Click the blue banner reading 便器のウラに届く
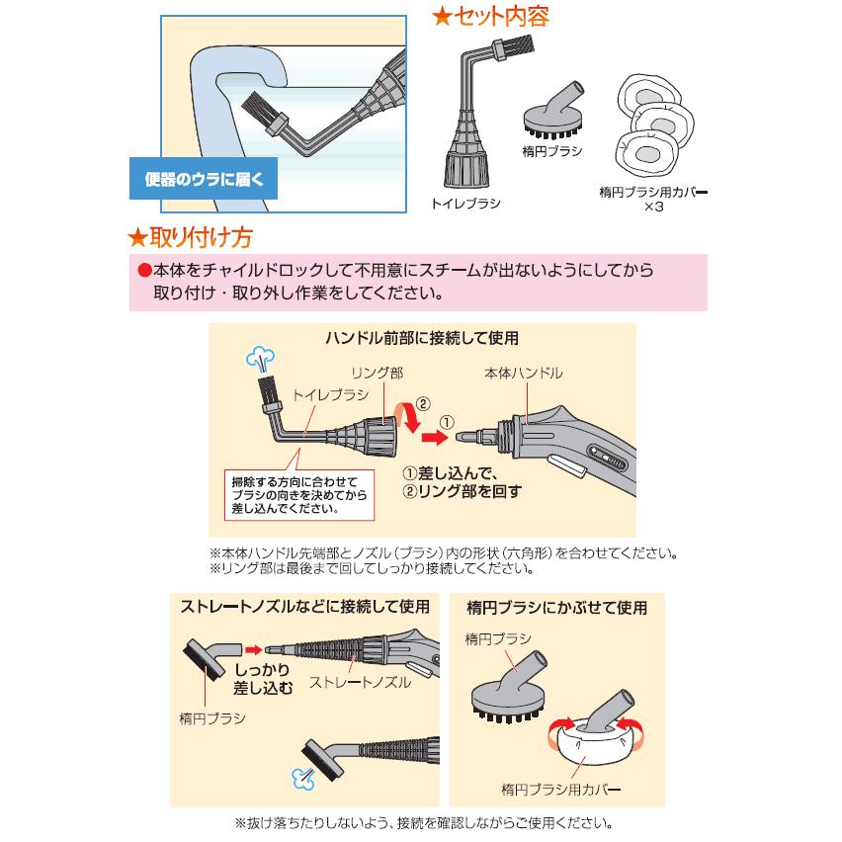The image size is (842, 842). coord(204,179)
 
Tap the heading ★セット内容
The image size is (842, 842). coord(490,16)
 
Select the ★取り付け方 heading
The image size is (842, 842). coord(190,237)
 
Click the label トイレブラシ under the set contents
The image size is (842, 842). coord(465,204)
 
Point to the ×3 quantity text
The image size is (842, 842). coord(654,207)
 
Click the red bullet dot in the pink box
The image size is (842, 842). coord(144,270)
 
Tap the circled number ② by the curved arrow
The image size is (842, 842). coord(423,404)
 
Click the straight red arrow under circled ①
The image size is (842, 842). coord(435,437)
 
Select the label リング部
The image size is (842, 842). coord(377,374)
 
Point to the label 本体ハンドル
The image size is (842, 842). coord(523,374)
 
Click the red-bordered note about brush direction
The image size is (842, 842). coord(299,495)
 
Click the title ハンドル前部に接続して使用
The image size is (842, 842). coord(422,338)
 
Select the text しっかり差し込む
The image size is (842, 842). coord(263,679)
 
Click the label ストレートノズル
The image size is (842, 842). coord(360,682)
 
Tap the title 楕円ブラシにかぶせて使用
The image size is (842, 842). coord(556,608)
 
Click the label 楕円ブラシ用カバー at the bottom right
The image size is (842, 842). coord(560,790)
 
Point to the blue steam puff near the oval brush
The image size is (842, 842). coord(303,778)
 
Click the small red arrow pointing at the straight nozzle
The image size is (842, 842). coord(253,649)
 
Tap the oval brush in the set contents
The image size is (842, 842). coord(553,112)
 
